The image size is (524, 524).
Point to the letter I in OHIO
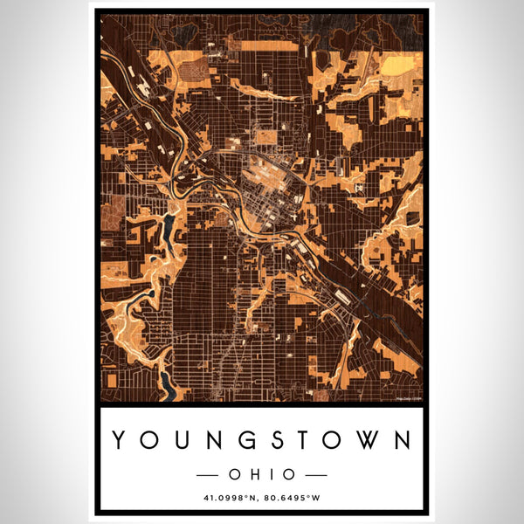[x=269, y=474]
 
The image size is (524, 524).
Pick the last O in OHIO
[x=287, y=474]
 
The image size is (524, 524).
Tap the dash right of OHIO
[x=315, y=474]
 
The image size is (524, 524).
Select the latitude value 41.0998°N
[x=228, y=500]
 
